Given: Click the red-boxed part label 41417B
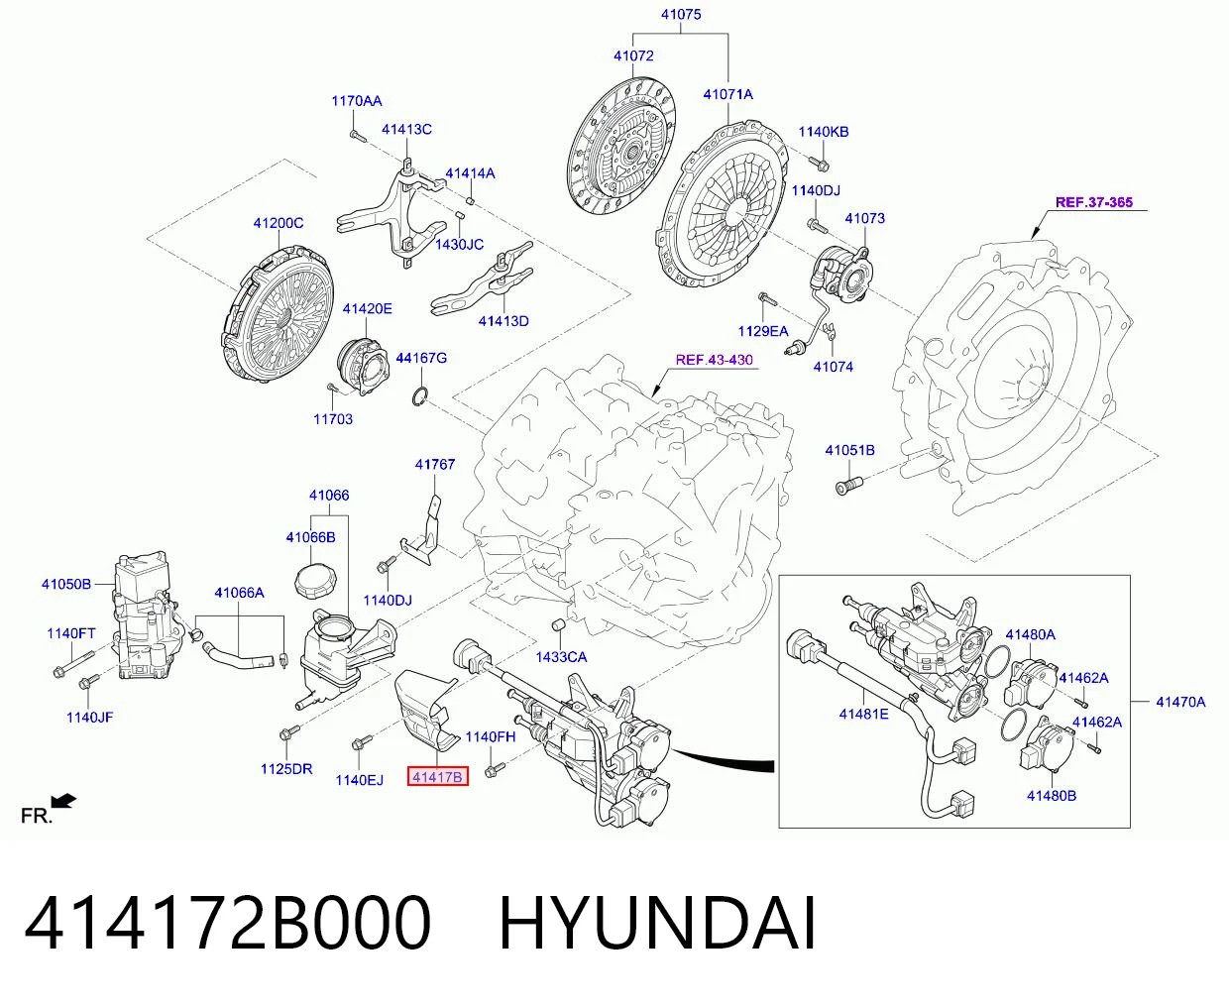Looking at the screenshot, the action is (x=437, y=776).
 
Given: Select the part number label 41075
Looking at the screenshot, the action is (x=681, y=14).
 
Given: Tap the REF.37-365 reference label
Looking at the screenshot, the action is (x=1094, y=202).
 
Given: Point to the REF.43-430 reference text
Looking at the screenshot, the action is (x=714, y=360).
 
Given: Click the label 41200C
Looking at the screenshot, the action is (x=278, y=223).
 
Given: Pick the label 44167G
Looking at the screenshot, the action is (x=421, y=358).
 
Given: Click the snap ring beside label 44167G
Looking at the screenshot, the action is (x=419, y=396).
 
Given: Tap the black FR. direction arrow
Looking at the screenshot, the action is (x=64, y=801).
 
